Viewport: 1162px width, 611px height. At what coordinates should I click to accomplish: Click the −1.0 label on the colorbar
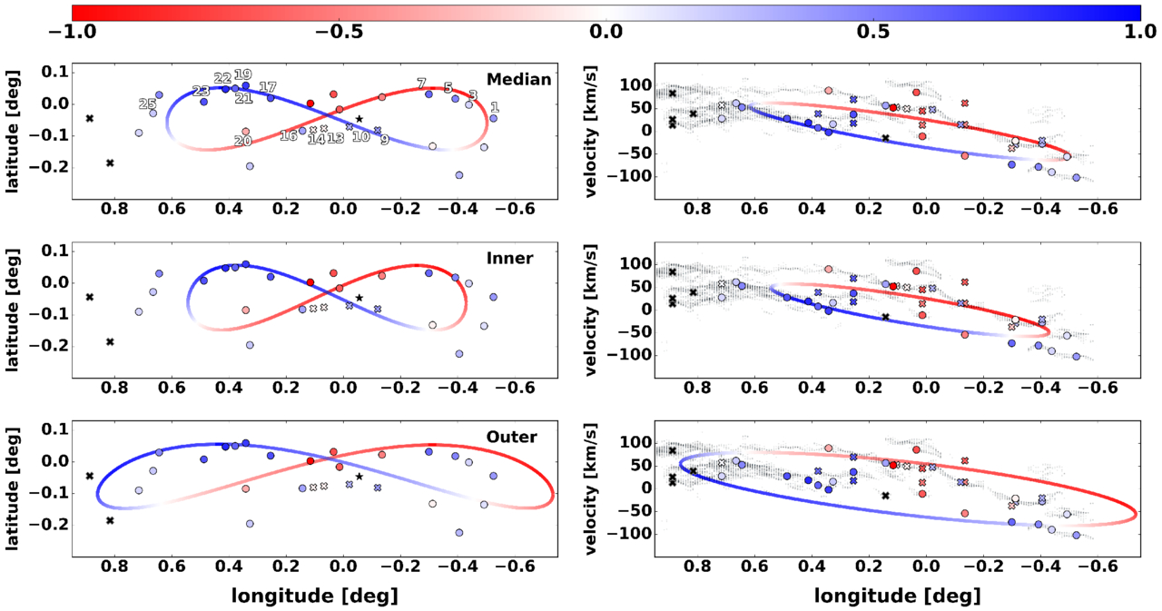(x=71, y=30)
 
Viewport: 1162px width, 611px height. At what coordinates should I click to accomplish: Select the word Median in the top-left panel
(x=518, y=80)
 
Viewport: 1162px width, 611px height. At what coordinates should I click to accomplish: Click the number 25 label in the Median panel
(x=147, y=104)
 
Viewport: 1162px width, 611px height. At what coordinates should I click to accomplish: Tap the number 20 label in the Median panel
(x=242, y=141)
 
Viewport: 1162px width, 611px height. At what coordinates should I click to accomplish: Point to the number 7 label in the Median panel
(x=421, y=84)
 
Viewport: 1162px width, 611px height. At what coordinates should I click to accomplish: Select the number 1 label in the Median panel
(x=495, y=108)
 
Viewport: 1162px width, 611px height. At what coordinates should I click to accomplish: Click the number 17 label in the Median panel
(x=267, y=87)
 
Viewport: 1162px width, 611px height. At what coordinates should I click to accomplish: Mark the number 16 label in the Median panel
(x=289, y=135)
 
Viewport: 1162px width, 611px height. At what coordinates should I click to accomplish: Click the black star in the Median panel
(x=359, y=119)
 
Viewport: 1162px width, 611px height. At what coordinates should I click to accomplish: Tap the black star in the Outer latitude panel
(x=359, y=477)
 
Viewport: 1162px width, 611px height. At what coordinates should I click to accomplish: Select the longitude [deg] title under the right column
(x=896, y=596)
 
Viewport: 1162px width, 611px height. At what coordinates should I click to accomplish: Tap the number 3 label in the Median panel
(x=472, y=95)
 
